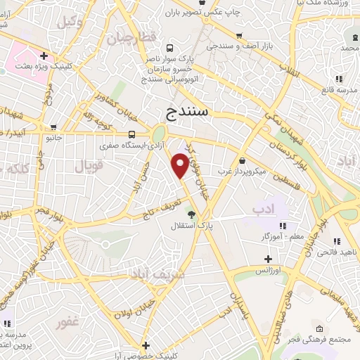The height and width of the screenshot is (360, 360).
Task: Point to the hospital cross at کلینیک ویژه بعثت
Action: [x=44, y=55]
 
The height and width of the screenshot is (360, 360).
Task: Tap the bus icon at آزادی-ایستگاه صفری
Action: [x=133, y=134]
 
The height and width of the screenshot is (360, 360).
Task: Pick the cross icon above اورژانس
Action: [x=267, y=259]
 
